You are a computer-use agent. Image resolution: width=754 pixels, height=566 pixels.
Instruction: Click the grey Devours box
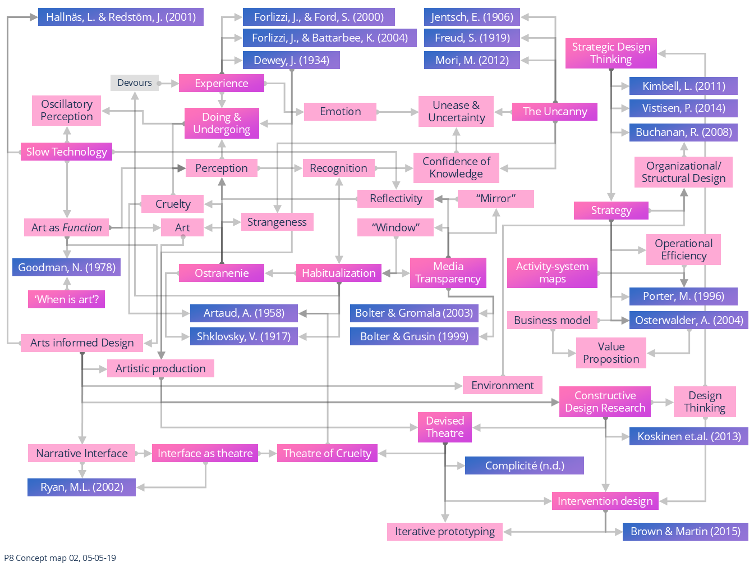[135, 83]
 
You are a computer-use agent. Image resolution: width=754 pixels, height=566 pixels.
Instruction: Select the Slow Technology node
[66, 152]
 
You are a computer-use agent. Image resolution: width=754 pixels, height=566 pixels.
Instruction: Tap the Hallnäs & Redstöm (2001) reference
[121, 17]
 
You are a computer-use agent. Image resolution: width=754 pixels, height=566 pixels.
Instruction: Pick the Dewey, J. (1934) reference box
[291, 60]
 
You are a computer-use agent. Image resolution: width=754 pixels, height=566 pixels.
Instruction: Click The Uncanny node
[554, 111]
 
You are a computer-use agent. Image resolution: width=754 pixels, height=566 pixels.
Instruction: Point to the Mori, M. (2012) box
[472, 60]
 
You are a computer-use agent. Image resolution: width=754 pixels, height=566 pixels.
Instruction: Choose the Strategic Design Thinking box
[611, 53]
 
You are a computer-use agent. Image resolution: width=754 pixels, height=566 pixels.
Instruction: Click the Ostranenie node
[222, 273]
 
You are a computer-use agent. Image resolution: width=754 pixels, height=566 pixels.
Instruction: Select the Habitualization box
[338, 273]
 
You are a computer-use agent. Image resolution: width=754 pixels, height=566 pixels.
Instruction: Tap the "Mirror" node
[495, 198]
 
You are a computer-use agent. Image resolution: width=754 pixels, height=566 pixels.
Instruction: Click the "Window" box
[396, 227]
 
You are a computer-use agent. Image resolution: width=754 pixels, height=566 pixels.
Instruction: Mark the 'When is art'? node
[66, 299]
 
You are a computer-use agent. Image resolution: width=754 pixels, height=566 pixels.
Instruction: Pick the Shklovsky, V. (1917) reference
[243, 336]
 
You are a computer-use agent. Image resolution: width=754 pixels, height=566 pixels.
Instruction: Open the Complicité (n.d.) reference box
[524, 465]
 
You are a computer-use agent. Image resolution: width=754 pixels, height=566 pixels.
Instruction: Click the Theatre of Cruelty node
[327, 453]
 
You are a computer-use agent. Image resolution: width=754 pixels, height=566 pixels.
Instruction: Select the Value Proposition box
[611, 353]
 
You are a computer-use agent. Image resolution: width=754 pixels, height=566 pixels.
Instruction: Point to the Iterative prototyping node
[444, 531]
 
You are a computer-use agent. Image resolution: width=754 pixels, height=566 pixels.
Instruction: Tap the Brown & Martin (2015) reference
[685, 531]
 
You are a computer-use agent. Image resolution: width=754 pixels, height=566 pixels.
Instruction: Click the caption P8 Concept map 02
[60, 558]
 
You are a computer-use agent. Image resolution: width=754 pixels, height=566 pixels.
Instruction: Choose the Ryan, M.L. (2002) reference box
[81, 487]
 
